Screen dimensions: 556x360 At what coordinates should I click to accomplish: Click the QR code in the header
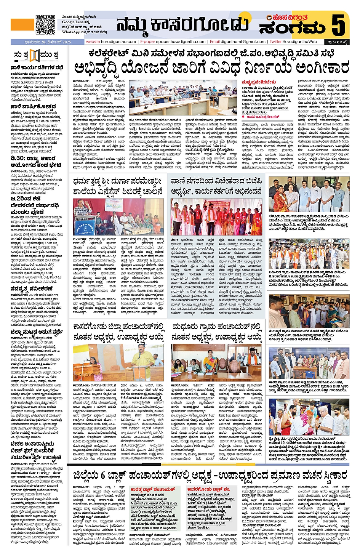point(45,24)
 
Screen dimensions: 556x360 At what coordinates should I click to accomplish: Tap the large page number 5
point(338,25)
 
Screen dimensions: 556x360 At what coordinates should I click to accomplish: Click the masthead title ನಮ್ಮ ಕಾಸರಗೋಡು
point(182,25)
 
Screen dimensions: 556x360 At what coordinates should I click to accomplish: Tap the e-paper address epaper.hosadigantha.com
point(173,42)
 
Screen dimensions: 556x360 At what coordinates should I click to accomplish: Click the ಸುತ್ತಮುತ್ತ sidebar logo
point(36,56)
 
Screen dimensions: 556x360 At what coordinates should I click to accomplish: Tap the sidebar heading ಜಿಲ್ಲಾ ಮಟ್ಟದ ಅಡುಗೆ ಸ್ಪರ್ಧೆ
point(37,332)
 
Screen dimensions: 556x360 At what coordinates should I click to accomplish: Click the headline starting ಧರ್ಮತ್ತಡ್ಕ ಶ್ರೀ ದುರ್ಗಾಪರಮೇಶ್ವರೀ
point(118,181)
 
